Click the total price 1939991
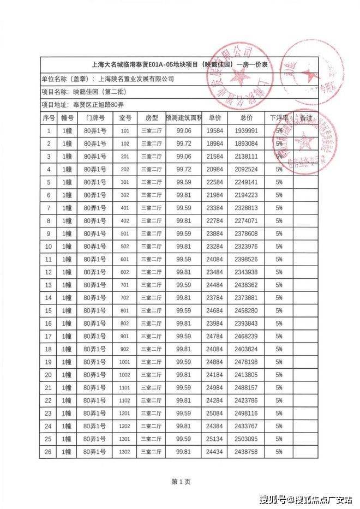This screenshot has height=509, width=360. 246,131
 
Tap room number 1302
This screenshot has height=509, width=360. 125,452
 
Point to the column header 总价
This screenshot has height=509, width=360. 246,118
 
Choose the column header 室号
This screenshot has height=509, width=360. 125,118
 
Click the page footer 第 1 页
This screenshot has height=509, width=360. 181,482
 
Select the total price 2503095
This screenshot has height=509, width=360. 246,439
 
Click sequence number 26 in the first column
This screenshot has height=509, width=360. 49,452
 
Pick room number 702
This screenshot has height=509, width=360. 125,298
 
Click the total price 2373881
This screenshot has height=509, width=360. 246,298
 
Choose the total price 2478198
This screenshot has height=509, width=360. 246,362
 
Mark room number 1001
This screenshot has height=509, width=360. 125,362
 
